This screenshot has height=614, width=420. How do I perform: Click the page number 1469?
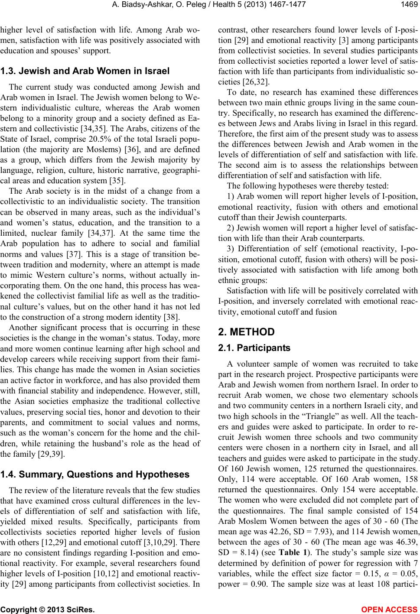(407, 5)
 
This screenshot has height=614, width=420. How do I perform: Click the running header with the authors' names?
(209, 5)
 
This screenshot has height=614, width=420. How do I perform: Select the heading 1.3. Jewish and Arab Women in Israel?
(85, 70)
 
